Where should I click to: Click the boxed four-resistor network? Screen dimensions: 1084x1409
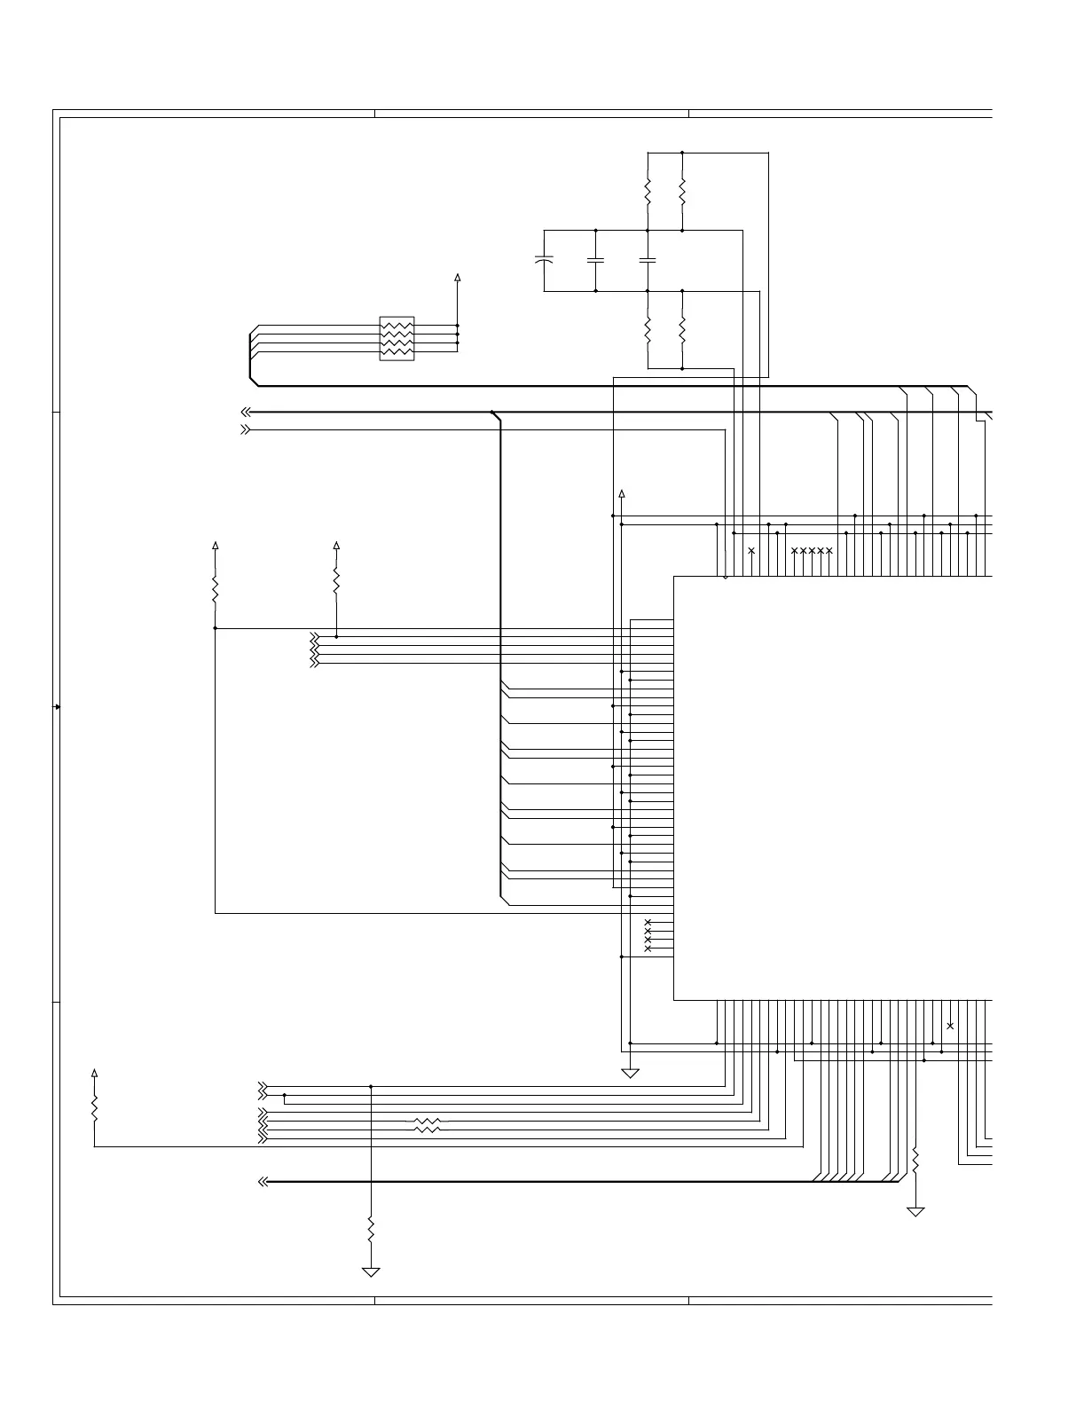397,338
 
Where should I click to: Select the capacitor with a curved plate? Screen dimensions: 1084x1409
545,260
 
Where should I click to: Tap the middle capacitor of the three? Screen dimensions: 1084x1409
595,260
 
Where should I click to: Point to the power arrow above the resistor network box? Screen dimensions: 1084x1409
458,278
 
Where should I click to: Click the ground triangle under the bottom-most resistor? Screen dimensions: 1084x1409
371,1271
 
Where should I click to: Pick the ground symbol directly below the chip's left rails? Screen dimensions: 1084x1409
630,1074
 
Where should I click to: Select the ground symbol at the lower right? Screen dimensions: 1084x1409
915,1211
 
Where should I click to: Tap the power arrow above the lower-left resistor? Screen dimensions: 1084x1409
95,1073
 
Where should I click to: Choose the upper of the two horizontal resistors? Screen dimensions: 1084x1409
427,1122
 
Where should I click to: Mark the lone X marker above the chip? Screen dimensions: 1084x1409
751,551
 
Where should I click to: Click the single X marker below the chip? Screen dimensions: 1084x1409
950,1026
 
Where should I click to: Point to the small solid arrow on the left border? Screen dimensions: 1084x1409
58,706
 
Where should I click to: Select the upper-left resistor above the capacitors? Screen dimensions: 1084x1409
648,191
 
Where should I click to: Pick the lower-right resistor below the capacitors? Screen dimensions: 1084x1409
682,329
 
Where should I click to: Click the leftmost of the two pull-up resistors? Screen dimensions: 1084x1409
216,588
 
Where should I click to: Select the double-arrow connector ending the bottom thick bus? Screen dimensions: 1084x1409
263,1182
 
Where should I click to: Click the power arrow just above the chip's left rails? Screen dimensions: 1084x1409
622,493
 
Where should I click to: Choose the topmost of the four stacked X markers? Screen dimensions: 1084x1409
648,922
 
